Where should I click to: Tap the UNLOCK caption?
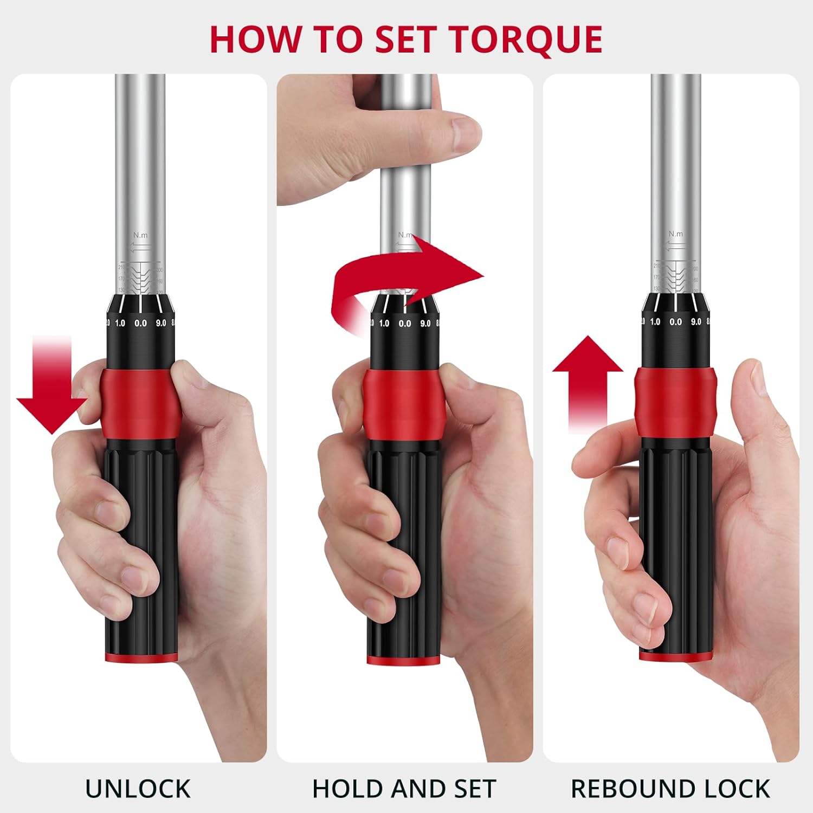pyautogui.click(x=138, y=789)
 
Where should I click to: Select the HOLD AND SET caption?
pyautogui.click(x=404, y=789)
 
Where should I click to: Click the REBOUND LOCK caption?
pyautogui.click(x=670, y=789)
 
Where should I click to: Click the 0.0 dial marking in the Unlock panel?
pyautogui.click(x=140, y=324)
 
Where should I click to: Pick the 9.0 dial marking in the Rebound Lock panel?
pyautogui.click(x=696, y=322)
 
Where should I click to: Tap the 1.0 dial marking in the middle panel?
pyautogui.click(x=384, y=324)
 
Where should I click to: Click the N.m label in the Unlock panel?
pyautogui.click(x=140, y=235)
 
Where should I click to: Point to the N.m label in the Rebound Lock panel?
pyautogui.click(x=676, y=234)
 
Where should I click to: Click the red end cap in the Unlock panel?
pyautogui.click(x=141, y=657)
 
